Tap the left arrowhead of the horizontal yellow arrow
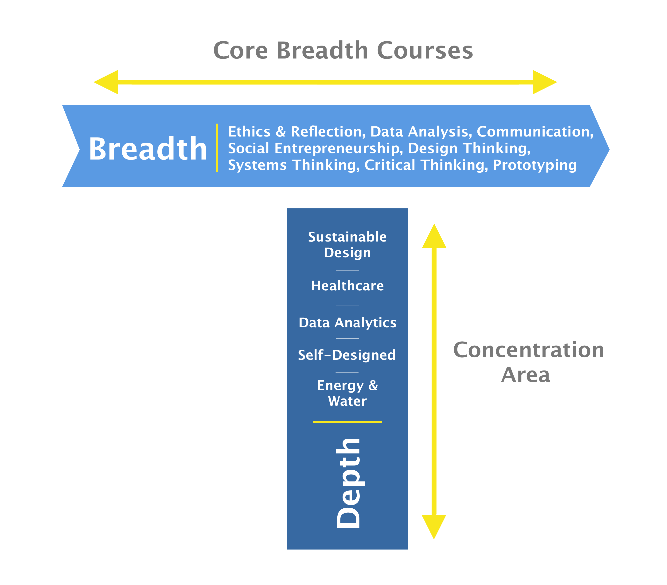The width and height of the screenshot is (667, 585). click(x=106, y=82)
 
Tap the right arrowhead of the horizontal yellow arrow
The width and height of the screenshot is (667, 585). click(x=545, y=82)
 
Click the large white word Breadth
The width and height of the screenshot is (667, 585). click(x=148, y=149)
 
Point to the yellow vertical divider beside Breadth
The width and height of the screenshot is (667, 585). click(x=217, y=148)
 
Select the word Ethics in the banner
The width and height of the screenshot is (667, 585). click(x=249, y=132)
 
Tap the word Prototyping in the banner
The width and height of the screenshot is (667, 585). click(x=535, y=165)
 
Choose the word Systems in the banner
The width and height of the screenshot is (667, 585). click(x=257, y=165)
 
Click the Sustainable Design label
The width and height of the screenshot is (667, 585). click(x=347, y=245)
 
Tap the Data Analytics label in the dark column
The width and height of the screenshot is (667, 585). click(x=347, y=323)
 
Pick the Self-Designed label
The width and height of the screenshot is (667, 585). click(x=347, y=355)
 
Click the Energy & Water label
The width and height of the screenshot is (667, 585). click(x=347, y=393)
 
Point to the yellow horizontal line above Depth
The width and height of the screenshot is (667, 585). click(x=347, y=422)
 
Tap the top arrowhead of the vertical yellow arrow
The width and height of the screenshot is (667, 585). click(x=434, y=236)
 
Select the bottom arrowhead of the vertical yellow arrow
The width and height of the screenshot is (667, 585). click(x=434, y=527)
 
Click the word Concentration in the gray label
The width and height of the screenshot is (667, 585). click(x=528, y=350)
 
